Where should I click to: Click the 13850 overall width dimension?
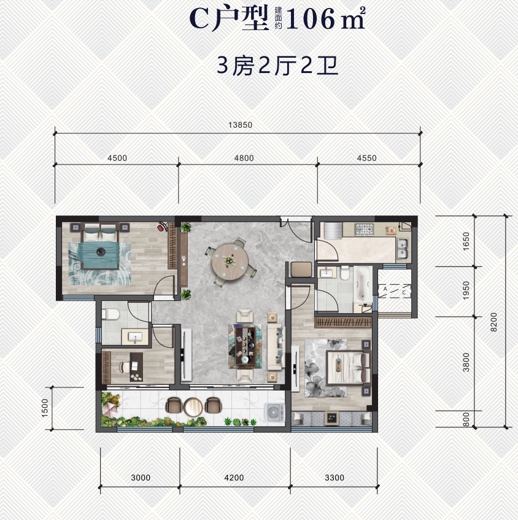(x=240, y=125)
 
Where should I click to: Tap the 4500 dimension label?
(x=117, y=158)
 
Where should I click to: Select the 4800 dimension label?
(x=244, y=158)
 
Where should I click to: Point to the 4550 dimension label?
(x=366, y=158)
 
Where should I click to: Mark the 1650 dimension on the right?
(x=466, y=241)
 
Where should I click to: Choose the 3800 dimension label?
(x=466, y=363)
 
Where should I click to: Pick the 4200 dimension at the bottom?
(x=234, y=478)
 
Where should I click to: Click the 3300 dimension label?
(x=334, y=478)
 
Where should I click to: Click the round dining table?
(x=229, y=259)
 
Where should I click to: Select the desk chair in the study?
(x=125, y=367)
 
